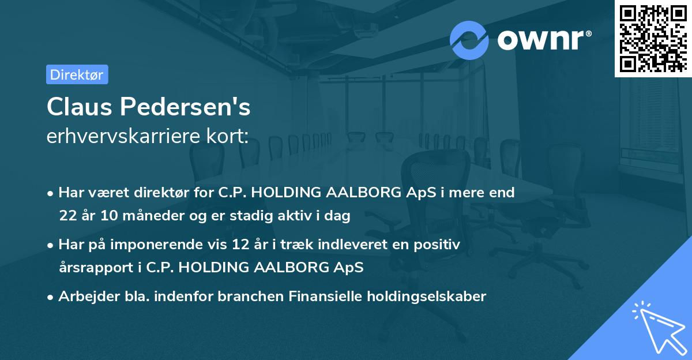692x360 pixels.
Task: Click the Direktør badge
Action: pos(77,74)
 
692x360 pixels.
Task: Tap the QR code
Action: pos(652,38)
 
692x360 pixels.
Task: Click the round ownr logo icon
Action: pos(469,40)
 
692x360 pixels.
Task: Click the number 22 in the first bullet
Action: pos(67,216)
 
